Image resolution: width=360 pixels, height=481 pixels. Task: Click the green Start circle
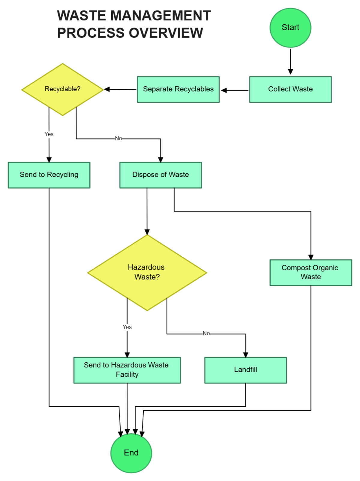(x=290, y=28)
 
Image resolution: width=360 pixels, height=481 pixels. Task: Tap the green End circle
(x=131, y=453)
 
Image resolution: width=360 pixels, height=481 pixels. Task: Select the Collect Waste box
(x=290, y=89)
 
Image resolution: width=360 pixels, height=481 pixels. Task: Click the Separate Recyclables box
(x=178, y=89)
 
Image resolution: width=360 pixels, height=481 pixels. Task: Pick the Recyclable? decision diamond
(x=62, y=89)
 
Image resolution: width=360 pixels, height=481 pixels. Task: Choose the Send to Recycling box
(x=49, y=175)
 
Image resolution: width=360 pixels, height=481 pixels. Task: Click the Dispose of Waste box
(x=160, y=175)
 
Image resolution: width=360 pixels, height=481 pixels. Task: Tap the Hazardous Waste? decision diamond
(x=147, y=272)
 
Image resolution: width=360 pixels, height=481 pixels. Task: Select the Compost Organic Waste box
(x=310, y=272)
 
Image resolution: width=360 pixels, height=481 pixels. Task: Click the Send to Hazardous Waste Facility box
(x=127, y=370)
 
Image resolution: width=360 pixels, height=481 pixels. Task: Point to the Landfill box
(x=245, y=370)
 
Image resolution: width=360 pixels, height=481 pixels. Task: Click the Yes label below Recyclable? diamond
(x=49, y=134)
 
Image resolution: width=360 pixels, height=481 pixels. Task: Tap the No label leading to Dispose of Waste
(x=118, y=139)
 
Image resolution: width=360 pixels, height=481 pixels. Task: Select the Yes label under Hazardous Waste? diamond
(x=127, y=327)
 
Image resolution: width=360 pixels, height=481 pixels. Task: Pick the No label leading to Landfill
(x=206, y=333)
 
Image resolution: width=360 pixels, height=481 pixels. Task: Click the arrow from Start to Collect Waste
(x=290, y=61)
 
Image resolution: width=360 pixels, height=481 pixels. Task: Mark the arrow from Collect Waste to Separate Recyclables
(x=235, y=90)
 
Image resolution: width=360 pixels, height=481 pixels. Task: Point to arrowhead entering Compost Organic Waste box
(x=311, y=257)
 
